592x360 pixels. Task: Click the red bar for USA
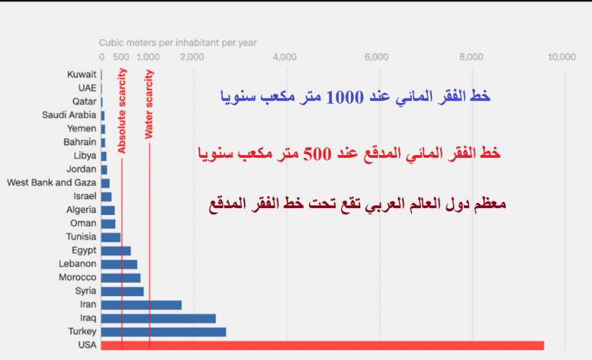[322, 345]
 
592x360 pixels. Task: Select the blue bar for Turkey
[163, 332]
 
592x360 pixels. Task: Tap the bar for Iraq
[158, 318]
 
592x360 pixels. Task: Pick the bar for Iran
[141, 305]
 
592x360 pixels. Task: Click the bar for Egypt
[116, 251]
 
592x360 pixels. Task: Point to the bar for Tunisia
[111, 237]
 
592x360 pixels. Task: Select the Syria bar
[122, 291]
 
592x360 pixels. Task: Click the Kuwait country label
[82, 75]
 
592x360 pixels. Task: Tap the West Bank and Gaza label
[51, 182]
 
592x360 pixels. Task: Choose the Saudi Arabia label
[69, 115]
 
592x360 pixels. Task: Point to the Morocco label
[77, 278]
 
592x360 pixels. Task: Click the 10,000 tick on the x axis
[561, 57]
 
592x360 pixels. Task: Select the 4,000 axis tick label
[284, 57]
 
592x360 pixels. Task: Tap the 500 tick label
[121, 57]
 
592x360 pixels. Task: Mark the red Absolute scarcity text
[122, 111]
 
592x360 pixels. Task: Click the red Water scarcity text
[149, 104]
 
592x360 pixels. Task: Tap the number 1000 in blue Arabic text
[344, 97]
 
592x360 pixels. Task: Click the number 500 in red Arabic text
[317, 154]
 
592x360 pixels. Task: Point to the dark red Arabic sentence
[358, 204]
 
